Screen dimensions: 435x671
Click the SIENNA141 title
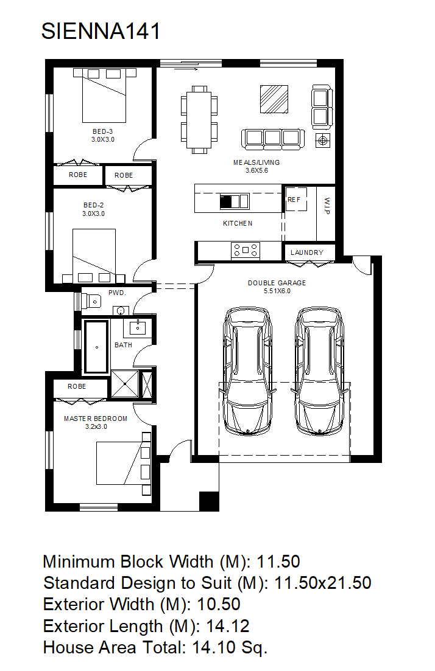coord(101,31)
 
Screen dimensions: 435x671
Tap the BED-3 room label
coord(103,131)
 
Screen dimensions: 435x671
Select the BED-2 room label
coord(93,206)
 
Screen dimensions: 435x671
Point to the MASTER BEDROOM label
coord(96,419)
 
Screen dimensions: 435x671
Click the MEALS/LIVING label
coord(256,162)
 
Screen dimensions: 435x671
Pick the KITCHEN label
coord(238,223)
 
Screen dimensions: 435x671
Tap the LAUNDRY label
coord(307,252)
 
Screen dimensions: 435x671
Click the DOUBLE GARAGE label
coord(277,283)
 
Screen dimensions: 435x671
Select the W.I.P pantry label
coord(327,206)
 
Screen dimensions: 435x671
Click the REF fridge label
coord(294,200)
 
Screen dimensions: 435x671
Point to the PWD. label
coord(117,293)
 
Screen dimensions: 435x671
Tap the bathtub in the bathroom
coord(96,347)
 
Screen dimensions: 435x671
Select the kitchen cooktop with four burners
coord(245,250)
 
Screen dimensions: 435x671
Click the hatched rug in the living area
coord(274,99)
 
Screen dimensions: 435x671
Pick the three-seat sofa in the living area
coord(273,139)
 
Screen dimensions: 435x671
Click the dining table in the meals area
coord(199,119)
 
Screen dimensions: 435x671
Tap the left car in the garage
coord(248,371)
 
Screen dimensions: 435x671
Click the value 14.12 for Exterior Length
coord(228,627)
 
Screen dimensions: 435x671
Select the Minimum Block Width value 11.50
coord(278,562)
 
